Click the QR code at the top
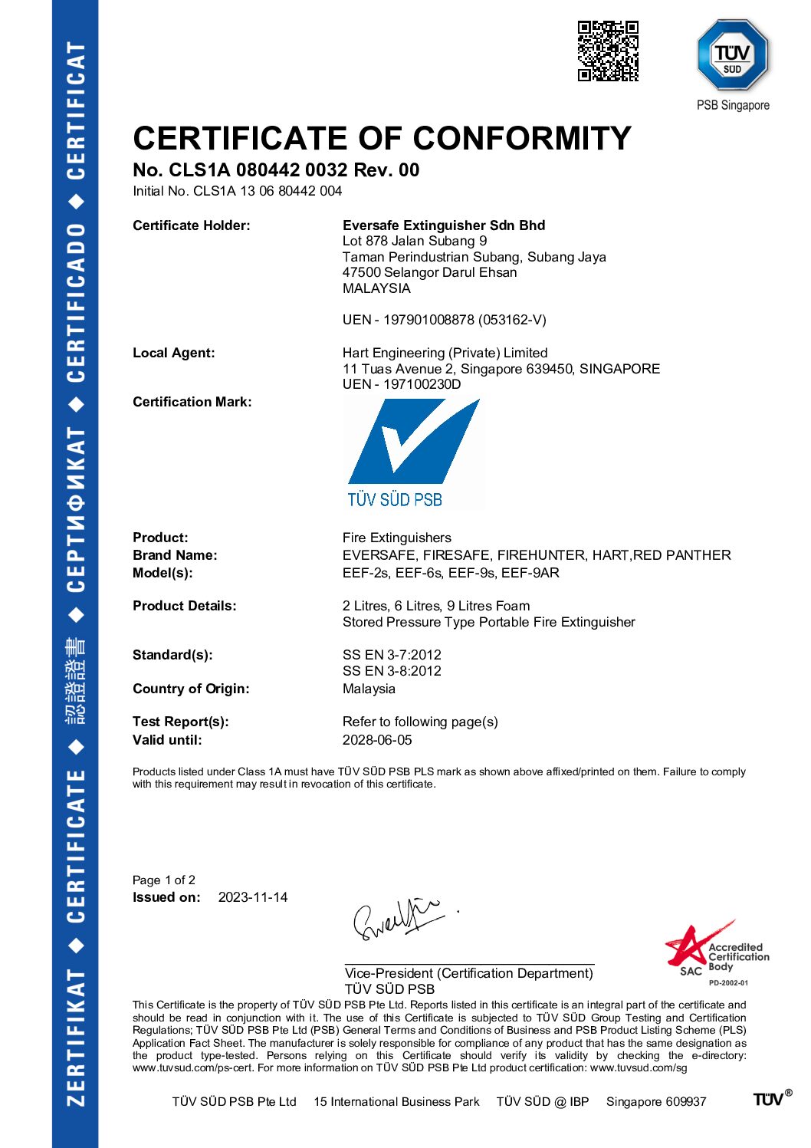[x=608, y=51]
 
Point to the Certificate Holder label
[x=191, y=225]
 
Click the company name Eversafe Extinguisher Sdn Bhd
[x=444, y=225]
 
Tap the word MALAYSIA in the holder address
[x=376, y=288]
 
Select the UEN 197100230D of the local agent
[x=422, y=384]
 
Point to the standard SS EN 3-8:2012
[x=392, y=671]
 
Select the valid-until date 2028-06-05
[x=377, y=740]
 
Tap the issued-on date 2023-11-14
[x=253, y=897]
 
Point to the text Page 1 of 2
[x=164, y=880]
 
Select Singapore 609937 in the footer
[x=655, y=1102]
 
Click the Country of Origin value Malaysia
[x=369, y=689]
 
